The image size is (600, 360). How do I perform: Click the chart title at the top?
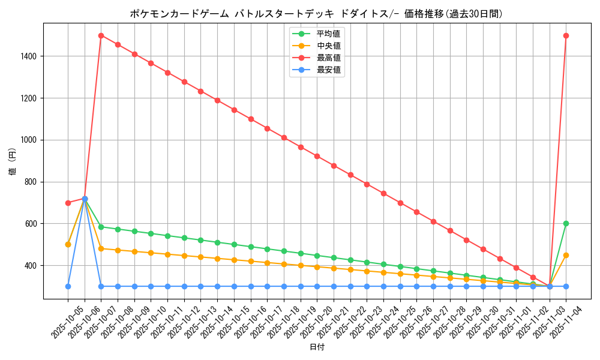pos(316,13)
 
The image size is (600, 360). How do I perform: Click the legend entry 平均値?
pos(328,34)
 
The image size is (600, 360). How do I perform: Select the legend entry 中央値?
pos(328,46)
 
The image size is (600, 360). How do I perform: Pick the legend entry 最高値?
pos(328,58)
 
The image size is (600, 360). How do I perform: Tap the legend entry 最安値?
pos(328,70)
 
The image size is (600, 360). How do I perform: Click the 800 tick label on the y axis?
pos(30,182)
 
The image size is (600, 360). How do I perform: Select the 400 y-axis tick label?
pos(30,266)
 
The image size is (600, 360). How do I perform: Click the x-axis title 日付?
pos(317,347)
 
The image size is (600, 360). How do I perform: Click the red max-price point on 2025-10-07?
pos(101,35)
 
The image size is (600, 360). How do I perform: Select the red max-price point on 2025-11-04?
pos(566,35)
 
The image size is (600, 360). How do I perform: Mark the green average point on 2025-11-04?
pos(566,224)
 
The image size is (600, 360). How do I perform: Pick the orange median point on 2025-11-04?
pos(566,255)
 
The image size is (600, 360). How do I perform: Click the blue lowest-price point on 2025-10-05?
pos(68,286)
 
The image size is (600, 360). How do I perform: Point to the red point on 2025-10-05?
pos(68,203)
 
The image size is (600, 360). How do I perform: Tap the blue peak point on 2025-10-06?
pos(85,199)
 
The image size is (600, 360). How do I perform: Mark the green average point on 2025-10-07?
pos(101,227)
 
